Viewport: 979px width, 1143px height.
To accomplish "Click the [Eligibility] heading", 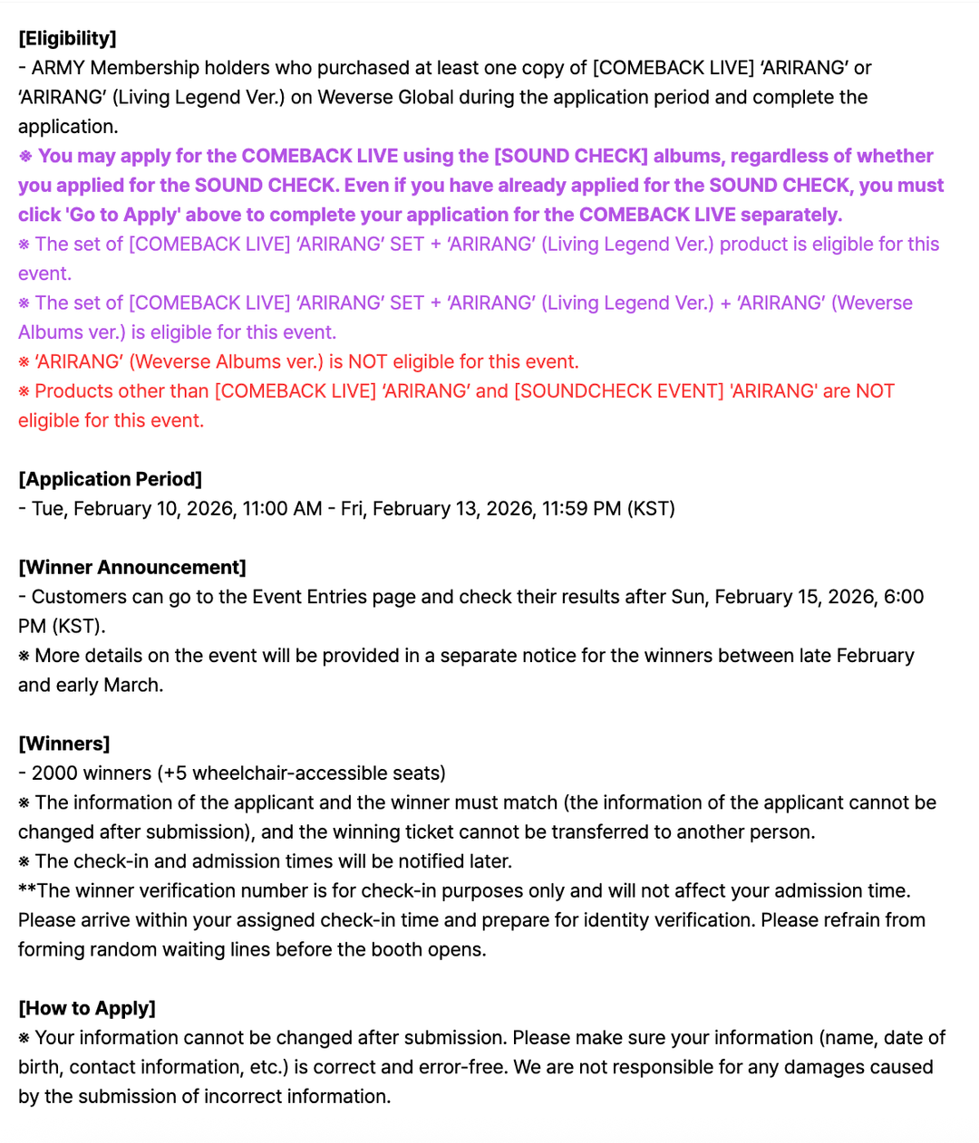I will point(67,38).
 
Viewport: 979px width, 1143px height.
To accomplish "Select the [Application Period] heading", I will point(110,479).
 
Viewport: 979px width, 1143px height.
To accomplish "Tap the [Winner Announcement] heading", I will point(132,567).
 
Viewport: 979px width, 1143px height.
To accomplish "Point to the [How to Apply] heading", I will point(87,1008).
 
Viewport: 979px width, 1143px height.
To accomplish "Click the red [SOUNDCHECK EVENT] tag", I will point(619,391).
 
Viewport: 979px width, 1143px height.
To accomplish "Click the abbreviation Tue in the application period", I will point(47,509).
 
